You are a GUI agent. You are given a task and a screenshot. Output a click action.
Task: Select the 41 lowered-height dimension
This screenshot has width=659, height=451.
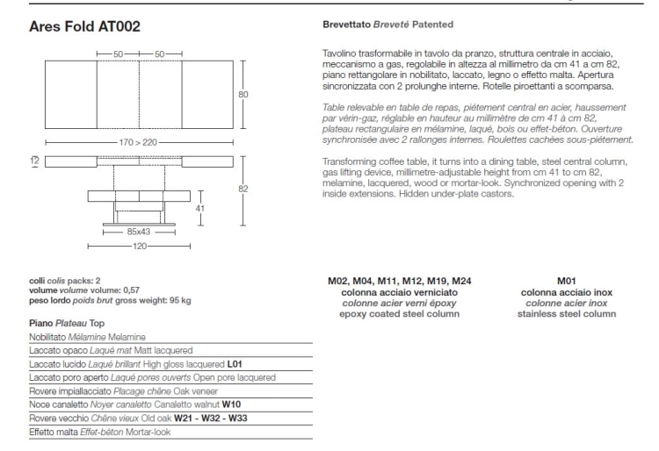(198, 209)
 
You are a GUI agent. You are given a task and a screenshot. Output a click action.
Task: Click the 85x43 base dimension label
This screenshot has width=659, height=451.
(138, 233)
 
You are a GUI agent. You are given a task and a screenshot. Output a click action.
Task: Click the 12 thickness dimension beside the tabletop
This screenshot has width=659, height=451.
(33, 161)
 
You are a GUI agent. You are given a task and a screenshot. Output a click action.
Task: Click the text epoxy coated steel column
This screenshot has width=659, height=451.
(400, 313)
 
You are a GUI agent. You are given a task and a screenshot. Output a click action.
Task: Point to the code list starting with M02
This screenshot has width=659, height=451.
(400, 281)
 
